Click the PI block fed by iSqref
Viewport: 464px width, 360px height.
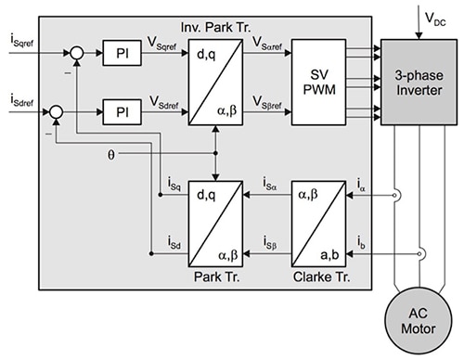click(x=122, y=53)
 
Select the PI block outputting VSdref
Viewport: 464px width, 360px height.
click(x=122, y=112)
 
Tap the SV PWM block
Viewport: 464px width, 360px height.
click(x=319, y=83)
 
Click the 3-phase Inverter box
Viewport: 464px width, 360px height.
click(x=419, y=83)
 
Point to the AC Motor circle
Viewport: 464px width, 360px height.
click(x=419, y=321)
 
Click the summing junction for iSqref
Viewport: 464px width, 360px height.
click(x=77, y=53)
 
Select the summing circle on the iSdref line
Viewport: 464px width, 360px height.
click(x=57, y=112)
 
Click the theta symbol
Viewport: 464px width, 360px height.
click(x=111, y=154)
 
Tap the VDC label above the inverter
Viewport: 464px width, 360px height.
click(x=435, y=19)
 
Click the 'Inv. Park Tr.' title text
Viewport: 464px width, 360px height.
click(x=215, y=28)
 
